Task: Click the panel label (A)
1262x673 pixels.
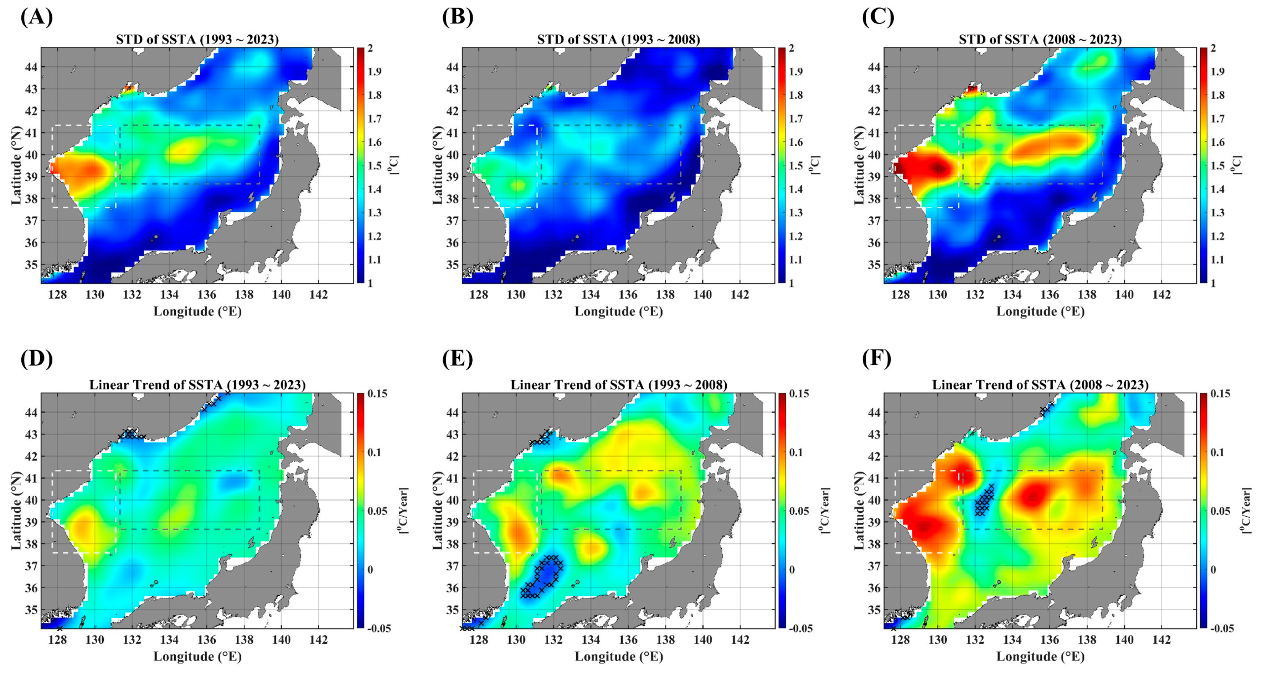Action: click(37, 17)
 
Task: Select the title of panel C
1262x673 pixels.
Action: click(1040, 40)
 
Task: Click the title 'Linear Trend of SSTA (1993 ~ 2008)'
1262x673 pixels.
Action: click(619, 385)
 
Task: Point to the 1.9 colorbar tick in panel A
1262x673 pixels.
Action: click(375, 72)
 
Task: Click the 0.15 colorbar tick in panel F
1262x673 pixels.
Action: click(1220, 394)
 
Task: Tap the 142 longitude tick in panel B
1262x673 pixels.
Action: click(740, 295)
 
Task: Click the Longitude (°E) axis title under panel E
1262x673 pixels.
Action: click(619, 656)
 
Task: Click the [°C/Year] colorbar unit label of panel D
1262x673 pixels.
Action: click(404, 511)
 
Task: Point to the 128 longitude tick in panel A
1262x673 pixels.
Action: click(58, 295)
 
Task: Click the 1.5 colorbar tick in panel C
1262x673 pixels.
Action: click(1217, 166)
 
